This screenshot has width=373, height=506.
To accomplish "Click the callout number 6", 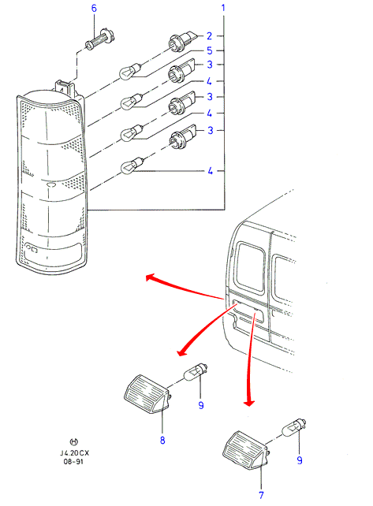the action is pos(94,8).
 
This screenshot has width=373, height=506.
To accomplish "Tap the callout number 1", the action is pos(223,7).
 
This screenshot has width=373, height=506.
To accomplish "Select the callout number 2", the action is pos(209,35).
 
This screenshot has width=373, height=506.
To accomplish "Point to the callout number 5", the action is pos(210,50).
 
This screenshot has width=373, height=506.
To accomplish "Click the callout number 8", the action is pos(162,440).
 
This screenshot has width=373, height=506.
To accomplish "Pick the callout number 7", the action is pos(261,495).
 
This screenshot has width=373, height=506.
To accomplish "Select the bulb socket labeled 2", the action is pos(183,40).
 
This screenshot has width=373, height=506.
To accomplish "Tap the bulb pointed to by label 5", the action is pos(130,70).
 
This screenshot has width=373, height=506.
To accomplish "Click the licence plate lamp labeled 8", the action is pos(147,394).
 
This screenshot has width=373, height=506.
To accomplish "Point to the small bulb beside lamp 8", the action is pos(196,372).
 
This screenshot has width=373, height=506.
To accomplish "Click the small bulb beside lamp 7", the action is pos(294,428).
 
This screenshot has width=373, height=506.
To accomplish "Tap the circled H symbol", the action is pos(74,442).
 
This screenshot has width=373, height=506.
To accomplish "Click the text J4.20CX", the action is pos(74,452).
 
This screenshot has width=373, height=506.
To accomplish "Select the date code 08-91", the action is pos(73,461).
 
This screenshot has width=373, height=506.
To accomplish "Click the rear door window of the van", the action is pos(250,266).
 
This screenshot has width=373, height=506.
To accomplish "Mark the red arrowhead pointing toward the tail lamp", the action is pos(150,277).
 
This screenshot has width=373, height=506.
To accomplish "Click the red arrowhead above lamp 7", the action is pos(249,404).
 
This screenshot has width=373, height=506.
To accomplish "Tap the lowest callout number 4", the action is pos(211,171).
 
